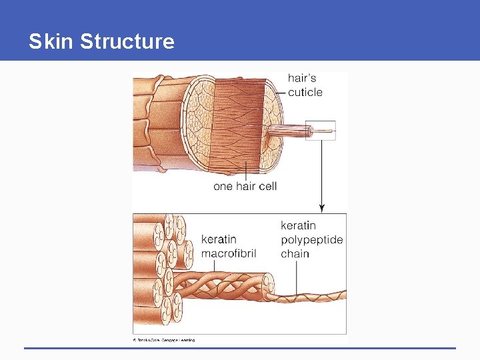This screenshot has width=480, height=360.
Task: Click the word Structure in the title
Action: tap(127, 41)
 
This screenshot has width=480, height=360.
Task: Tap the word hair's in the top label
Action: tap(302, 79)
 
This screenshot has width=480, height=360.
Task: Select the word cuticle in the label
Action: tap(305, 92)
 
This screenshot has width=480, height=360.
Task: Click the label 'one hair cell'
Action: tap(245, 186)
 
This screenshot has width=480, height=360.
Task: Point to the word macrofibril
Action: tap(229, 253)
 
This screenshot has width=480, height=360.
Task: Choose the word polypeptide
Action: tap(311, 239)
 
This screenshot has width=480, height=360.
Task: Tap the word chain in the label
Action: tap(295, 253)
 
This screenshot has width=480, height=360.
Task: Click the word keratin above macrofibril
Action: tap(219, 239)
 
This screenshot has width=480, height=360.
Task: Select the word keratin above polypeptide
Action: tap(298, 225)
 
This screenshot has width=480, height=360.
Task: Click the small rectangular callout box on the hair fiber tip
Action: tap(321, 131)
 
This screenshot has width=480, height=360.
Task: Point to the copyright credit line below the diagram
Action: tap(164, 340)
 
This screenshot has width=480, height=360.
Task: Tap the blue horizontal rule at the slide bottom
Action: tap(240, 348)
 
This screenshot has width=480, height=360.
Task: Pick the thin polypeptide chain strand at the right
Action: tap(313, 295)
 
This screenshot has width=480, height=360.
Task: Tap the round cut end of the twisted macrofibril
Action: tap(268, 285)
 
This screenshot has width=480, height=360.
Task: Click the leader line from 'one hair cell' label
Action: tap(247, 170)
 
